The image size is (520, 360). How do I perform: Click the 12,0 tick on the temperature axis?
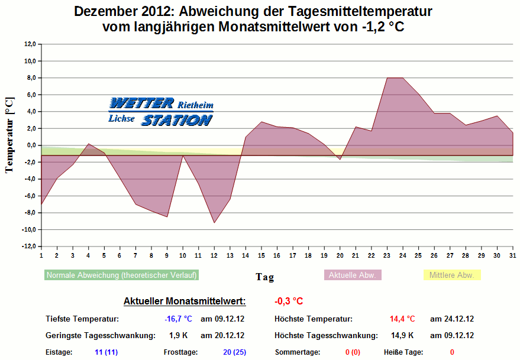tap(30, 44)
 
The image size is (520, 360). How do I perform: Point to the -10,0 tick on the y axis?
tap(29, 229)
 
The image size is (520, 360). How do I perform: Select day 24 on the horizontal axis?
tap(402, 255)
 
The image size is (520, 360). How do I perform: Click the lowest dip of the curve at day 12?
tap(214, 223)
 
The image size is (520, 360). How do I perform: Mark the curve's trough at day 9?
tap(167, 217)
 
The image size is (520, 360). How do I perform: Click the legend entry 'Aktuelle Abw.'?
tap(353, 275)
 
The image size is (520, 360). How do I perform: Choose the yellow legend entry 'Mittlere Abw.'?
tap(453, 275)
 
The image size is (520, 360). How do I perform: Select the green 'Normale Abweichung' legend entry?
tap(121, 275)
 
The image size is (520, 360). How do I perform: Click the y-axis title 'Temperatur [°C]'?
tap(9, 135)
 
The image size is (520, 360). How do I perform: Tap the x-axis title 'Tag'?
tap(264, 276)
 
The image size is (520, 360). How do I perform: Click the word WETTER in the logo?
tap(141, 103)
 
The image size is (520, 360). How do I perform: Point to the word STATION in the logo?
tap(176, 120)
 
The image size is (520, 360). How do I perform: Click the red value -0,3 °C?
tap(289, 301)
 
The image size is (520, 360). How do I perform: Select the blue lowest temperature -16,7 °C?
tap(178, 319)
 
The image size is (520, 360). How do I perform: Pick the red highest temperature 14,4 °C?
tap(402, 319)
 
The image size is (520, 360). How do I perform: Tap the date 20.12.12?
tap(222, 335)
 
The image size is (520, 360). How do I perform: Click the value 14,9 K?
tap(403, 335)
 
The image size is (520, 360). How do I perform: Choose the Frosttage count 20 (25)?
tap(234, 352)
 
